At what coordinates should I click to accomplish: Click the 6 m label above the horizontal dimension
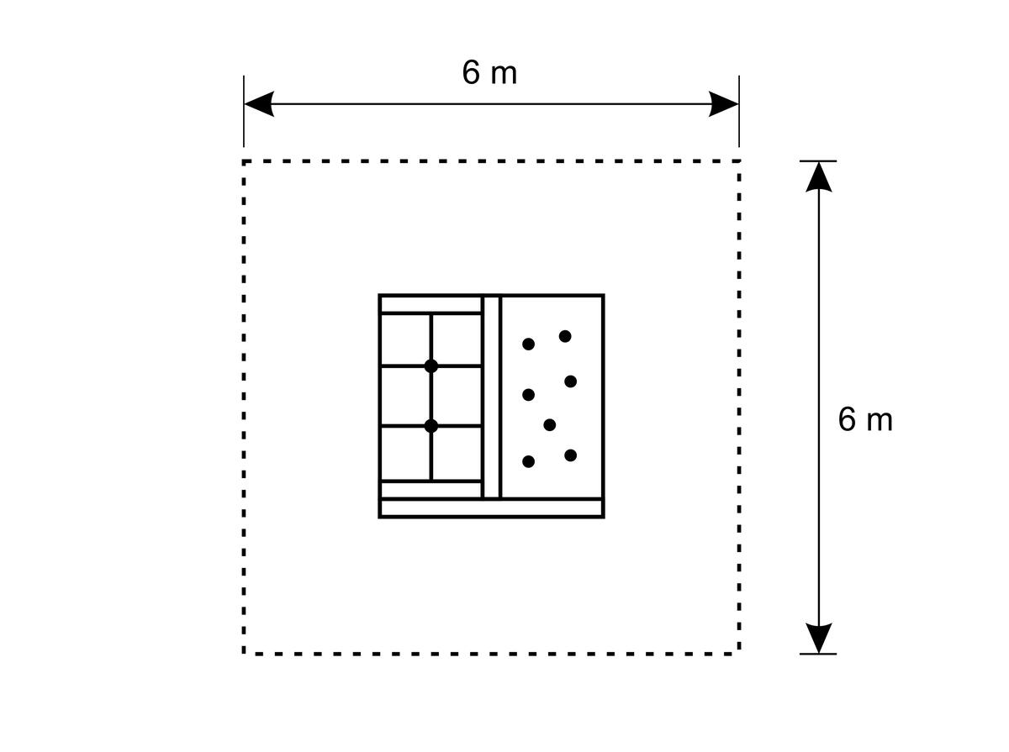pos(489,72)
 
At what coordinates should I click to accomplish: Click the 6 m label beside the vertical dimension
pos(865,419)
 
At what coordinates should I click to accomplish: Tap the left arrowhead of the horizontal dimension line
pos(259,104)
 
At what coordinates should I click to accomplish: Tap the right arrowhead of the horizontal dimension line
pos(723,104)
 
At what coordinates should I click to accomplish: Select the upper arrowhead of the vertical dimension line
pos(819,176)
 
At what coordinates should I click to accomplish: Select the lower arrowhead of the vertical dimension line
pos(819,638)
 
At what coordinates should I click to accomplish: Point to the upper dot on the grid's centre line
pos(431,366)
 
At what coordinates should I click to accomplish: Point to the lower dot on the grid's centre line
pos(431,426)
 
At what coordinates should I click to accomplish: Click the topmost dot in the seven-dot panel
pos(565,336)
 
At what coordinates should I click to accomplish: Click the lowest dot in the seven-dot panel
pos(529,461)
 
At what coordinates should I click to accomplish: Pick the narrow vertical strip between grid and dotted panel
pos(491,397)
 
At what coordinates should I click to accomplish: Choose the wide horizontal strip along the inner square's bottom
pos(491,508)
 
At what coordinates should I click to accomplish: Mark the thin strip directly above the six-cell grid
pos(431,304)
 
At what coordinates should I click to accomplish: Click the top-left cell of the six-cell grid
pos(405,340)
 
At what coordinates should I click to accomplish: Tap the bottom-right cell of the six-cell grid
pos(457,454)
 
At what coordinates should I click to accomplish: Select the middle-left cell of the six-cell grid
pos(405,396)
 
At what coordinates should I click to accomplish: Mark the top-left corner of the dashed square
pos(244,161)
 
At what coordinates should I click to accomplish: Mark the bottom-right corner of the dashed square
pos(739,654)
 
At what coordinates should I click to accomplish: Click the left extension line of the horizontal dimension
pos(244,111)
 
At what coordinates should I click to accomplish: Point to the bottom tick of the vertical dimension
pos(818,654)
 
